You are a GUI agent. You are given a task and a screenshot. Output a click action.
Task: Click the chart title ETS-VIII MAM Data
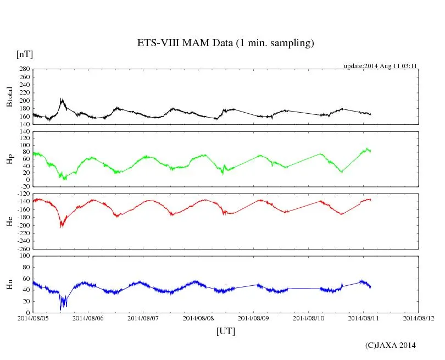(x=225, y=43)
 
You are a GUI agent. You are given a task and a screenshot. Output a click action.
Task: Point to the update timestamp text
(x=381, y=66)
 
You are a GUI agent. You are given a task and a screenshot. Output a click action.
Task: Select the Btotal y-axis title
(x=9, y=96)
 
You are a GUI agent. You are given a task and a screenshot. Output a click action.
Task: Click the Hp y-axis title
(x=9, y=159)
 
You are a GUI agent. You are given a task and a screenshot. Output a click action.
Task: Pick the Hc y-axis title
(x=9, y=221)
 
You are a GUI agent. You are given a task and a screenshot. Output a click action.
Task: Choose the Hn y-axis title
(x=9, y=284)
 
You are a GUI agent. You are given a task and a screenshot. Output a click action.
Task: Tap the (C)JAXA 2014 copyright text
(x=390, y=345)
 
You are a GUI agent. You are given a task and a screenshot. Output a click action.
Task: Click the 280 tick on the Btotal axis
(x=24, y=70)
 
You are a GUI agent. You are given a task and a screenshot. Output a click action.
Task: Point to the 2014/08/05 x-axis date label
(x=33, y=318)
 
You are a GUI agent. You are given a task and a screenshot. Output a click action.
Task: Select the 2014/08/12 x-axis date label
(x=419, y=318)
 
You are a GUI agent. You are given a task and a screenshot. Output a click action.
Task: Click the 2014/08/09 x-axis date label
(x=253, y=318)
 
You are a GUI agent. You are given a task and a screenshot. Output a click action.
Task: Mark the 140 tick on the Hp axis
(x=24, y=132)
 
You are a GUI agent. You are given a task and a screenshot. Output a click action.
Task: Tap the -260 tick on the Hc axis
(x=23, y=248)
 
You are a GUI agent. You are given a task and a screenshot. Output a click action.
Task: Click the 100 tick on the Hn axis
(x=24, y=256)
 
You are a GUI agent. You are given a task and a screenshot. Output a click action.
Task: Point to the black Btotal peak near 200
(x=62, y=99)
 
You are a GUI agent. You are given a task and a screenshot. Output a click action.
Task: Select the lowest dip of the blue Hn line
(x=60, y=309)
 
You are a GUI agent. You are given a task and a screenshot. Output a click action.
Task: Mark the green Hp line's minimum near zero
(x=64, y=179)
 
